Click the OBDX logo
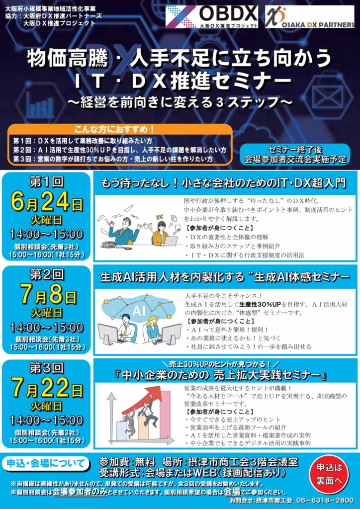point(212,17)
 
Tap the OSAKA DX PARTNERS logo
point(309,17)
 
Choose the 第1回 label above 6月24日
point(47,183)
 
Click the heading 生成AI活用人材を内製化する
point(172,277)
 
